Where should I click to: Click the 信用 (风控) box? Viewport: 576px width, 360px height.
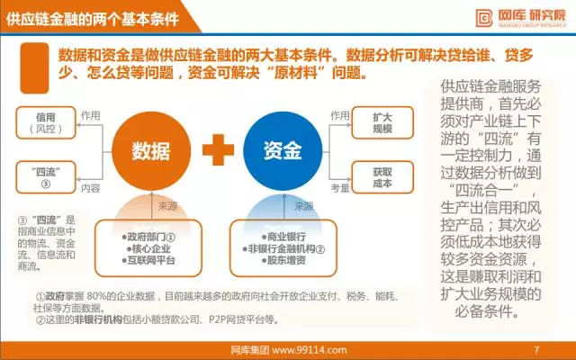coord(45,123)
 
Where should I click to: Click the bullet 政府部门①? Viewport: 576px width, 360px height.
coord(148,236)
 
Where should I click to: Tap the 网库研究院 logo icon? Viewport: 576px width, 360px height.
coord(484,16)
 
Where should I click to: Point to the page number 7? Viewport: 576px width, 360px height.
coord(536,348)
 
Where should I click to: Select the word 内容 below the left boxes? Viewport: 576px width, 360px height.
coord(90,189)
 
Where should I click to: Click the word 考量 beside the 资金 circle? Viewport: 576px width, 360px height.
coord(339,188)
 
